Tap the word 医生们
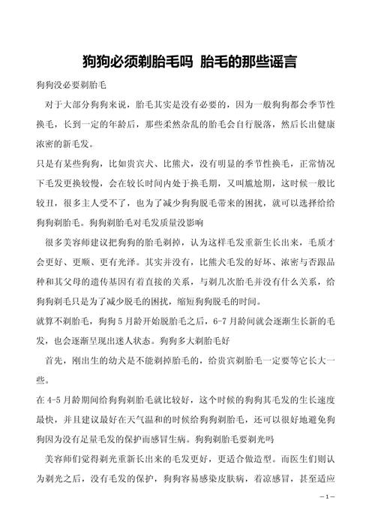coord(299,457)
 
